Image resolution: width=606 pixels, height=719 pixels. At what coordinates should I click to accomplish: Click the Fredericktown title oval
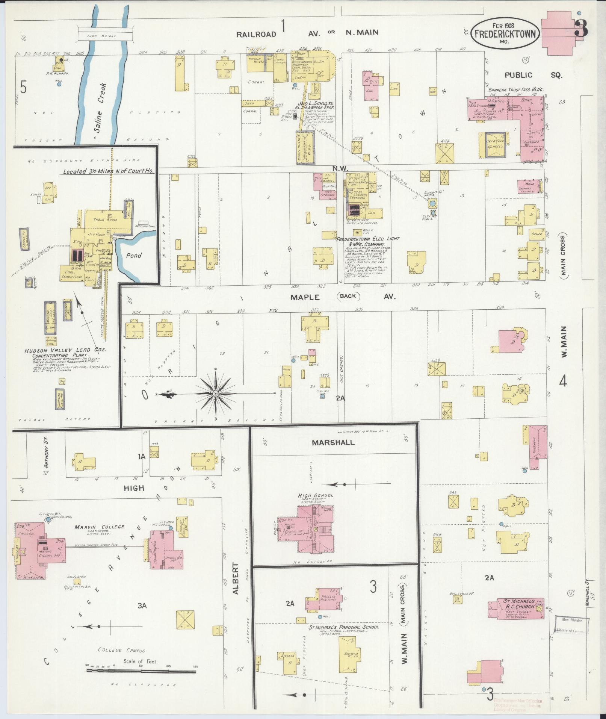coord(505,33)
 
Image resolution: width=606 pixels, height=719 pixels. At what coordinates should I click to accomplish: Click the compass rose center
coord(216,394)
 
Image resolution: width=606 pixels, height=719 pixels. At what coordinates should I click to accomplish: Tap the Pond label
coord(133,256)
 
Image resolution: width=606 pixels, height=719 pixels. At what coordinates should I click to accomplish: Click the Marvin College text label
coord(99,527)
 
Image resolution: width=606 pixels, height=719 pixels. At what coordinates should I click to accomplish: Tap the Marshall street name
coord(333,442)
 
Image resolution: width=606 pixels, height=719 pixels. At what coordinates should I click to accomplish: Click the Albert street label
coord(235,584)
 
